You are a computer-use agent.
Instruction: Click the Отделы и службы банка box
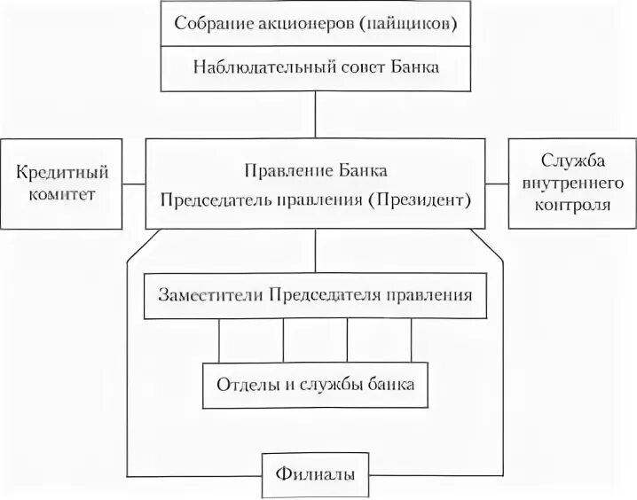[x=315, y=386]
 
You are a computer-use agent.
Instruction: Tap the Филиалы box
[x=315, y=474]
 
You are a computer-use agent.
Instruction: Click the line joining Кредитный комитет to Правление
[x=132, y=183]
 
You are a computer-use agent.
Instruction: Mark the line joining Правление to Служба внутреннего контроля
[x=497, y=183]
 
